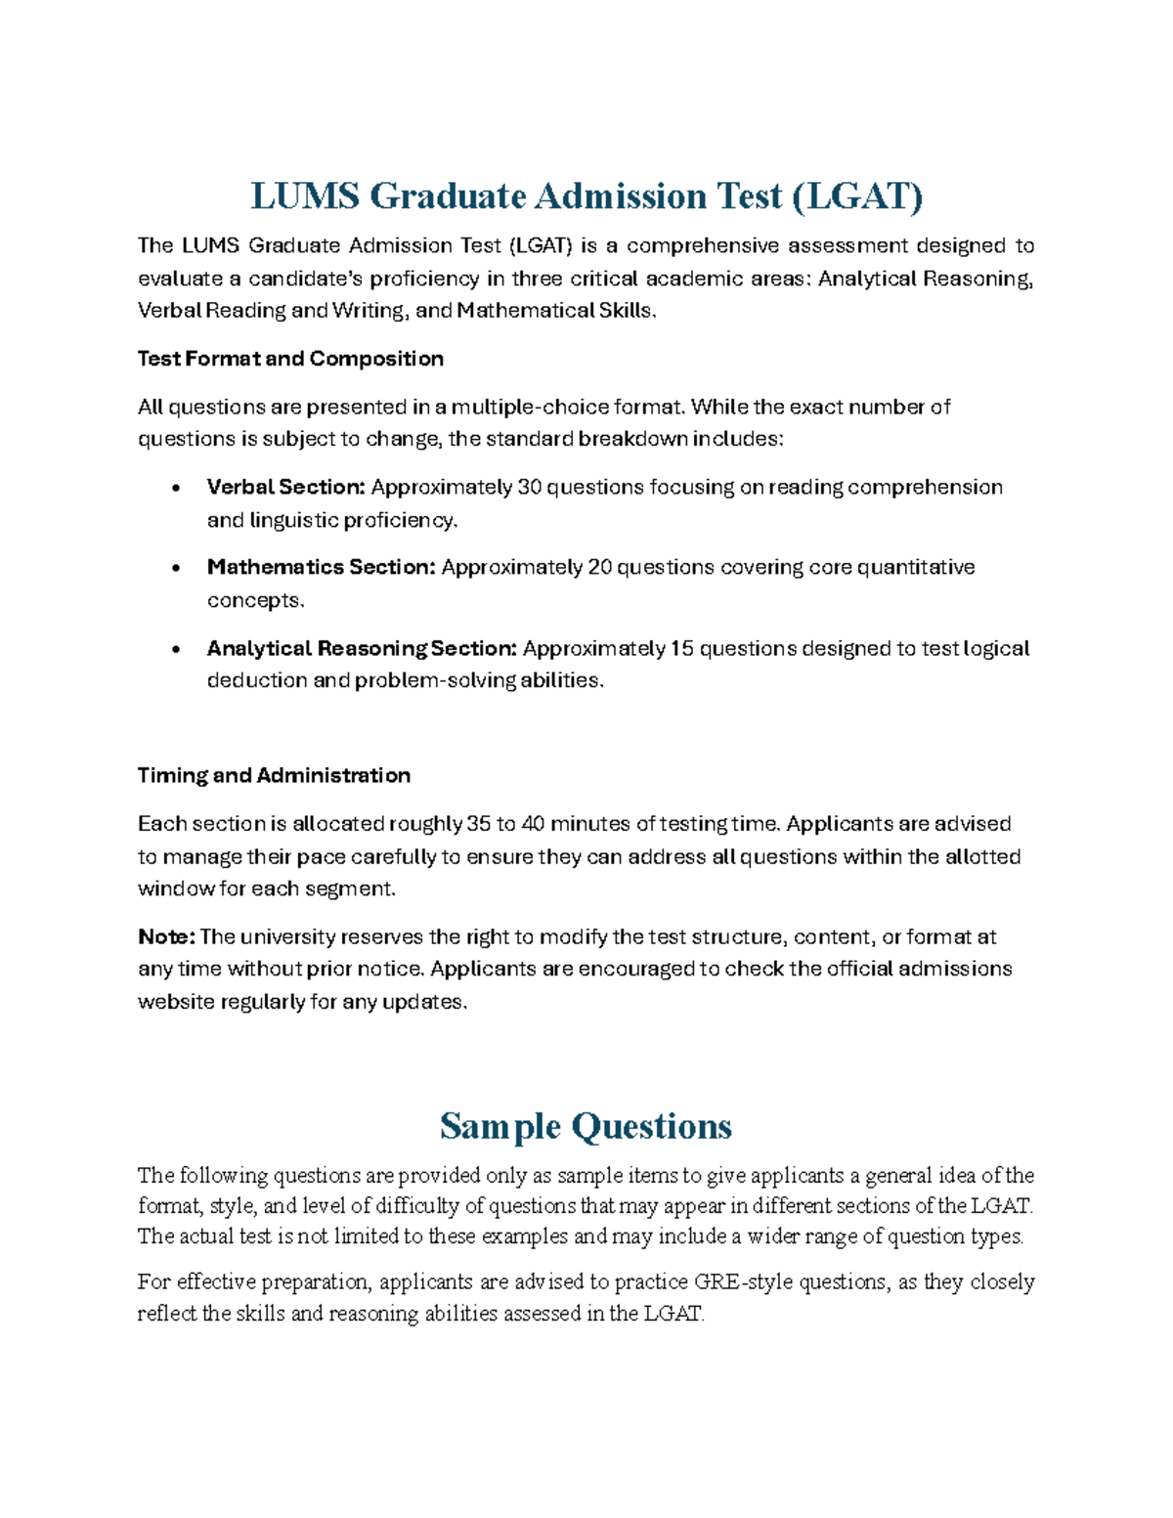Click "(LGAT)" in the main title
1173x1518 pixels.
click(856, 196)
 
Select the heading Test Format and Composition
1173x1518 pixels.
click(290, 359)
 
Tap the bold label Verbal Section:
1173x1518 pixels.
click(285, 487)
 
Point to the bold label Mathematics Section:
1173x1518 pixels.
click(321, 567)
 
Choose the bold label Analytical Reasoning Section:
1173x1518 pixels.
click(361, 648)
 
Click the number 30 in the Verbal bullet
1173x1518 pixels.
click(529, 487)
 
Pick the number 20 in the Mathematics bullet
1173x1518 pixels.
click(599, 567)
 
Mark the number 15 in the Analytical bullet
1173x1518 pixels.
click(681, 648)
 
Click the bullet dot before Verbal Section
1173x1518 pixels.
click(176, 488)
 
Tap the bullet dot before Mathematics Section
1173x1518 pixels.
click(176, 568)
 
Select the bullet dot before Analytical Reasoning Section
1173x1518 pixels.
click(176, 649)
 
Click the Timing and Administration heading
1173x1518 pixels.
click(274, 775)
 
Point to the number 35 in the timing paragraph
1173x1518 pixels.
click(479, 823)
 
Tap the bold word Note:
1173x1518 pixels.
click(166, 936)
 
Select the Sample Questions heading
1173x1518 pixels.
click(586, 1126)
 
